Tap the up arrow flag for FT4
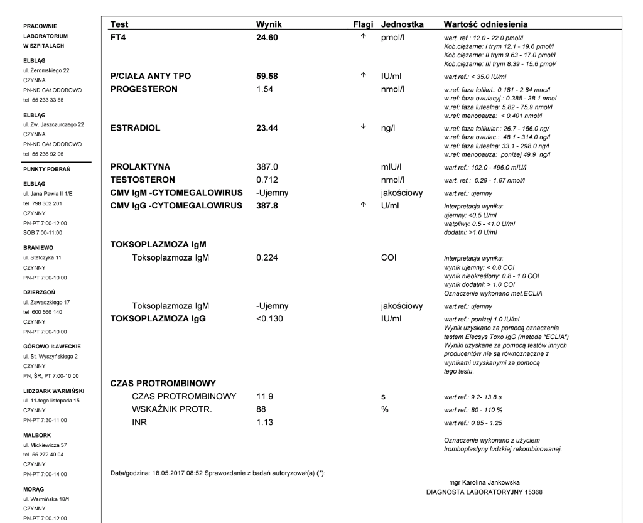click(362, 37)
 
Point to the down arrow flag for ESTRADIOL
click(362, 126)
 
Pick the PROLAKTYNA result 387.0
click(266, 167)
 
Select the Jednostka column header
click(402, 24)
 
